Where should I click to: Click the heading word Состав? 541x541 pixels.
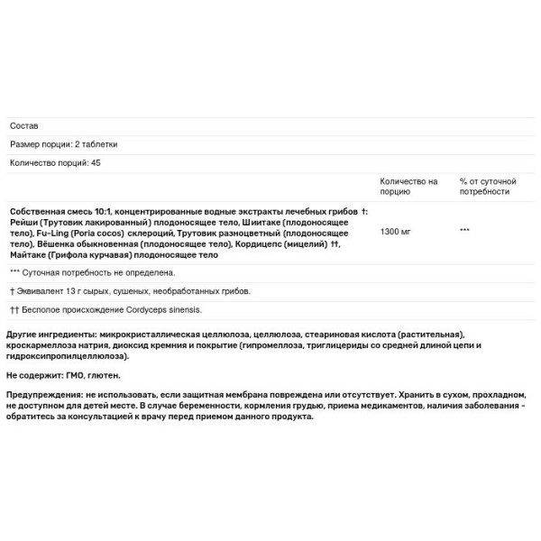click(24, 126)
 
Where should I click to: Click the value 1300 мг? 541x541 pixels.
click(396, 231)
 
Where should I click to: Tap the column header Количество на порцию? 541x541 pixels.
click(408, 187)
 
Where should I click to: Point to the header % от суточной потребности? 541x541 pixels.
click(487, 187)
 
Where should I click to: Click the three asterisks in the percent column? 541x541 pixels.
click(464, 231)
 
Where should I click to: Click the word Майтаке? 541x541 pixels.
click(27, 255)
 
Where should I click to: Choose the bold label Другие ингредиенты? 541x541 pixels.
click(51, 333)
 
